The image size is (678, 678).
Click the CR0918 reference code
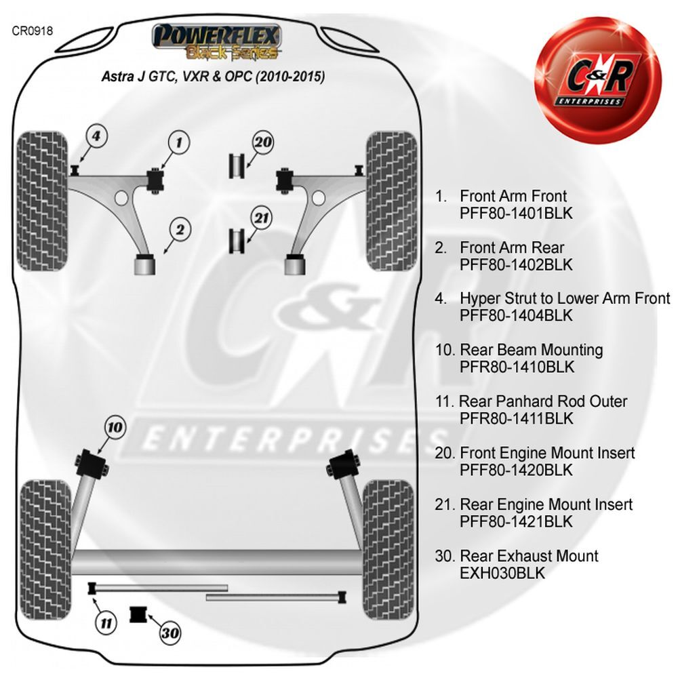tap(33, 31)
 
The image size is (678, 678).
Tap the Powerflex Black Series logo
tap(217, 41)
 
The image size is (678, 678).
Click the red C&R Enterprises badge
tap(598, 80)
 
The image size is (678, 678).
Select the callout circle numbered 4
tap(96, 136)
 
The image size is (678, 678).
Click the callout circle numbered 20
tap(263, 142)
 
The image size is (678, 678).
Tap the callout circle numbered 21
tap(262, 218)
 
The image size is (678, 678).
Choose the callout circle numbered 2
tap(180, 230)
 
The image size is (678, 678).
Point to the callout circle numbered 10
tap(115, 427)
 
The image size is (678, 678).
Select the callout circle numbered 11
tap(106, 623)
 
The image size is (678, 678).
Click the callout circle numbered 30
tap(170, 633)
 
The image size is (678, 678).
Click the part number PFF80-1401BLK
tap(516, 213)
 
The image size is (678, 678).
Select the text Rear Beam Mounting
tap(531, 350)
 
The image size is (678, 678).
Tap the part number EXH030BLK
tap(502, 574)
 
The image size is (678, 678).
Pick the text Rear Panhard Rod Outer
tap(542, 401)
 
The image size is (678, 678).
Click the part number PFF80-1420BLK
tap(516, 470)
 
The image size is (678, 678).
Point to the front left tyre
tap(43, 201)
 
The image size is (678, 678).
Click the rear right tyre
tap(387, 549)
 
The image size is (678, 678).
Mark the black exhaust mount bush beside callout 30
tap(138, 615)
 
